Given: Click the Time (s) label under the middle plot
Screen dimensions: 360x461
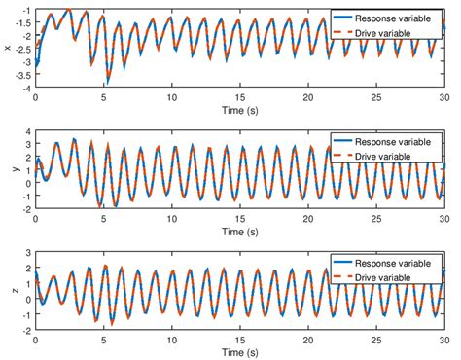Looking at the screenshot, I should (239, 232).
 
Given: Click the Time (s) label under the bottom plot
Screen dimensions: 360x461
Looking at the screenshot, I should (239, 351).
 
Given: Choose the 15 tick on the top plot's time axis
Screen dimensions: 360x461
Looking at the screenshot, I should (239, 99).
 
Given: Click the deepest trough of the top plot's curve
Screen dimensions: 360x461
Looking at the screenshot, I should (108, 84).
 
